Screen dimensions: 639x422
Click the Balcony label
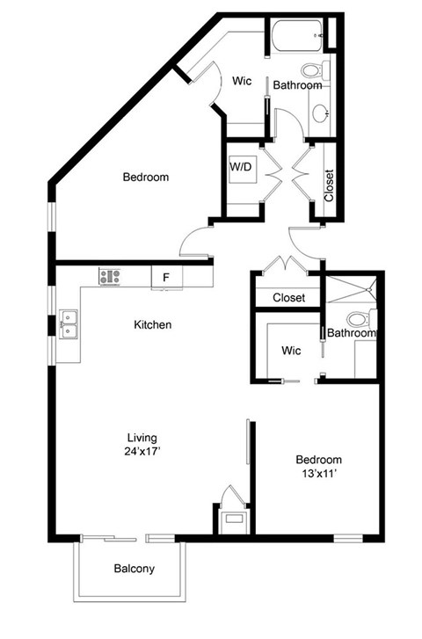[134, 569]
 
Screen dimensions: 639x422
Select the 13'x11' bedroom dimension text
[318, 475]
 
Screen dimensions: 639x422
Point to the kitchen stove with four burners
[110, 276]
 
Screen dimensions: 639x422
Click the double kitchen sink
[68, 325]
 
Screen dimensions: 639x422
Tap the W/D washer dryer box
[241, 167]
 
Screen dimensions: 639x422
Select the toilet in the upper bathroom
[312, 71]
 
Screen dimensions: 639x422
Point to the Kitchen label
[152, 324]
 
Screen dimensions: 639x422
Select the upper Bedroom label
[145, 177]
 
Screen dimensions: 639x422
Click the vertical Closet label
[329, 185]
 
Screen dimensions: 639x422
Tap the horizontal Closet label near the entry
[288, 298]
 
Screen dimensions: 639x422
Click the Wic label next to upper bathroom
[242, 81]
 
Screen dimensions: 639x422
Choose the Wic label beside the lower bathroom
[291, 351]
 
